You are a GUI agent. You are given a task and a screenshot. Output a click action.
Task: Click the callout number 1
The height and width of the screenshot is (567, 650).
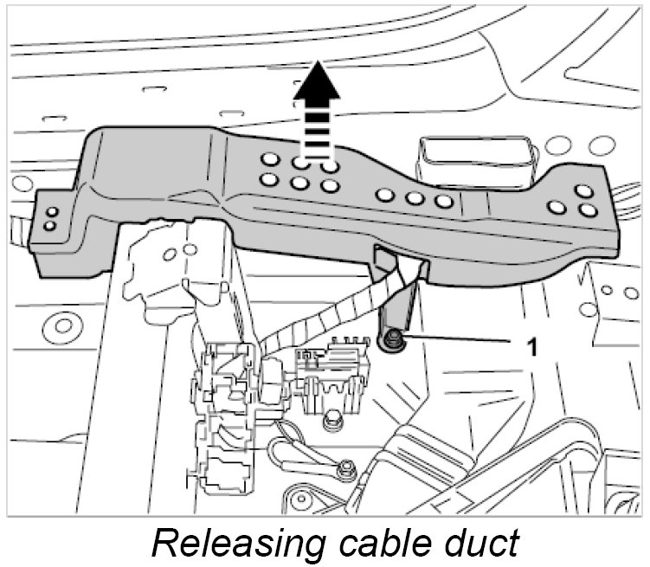click(532, 347)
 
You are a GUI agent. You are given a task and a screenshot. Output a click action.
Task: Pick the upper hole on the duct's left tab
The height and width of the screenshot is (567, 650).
click(52, 213)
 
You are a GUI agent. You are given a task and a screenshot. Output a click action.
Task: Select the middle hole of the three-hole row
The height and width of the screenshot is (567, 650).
click(415, 199)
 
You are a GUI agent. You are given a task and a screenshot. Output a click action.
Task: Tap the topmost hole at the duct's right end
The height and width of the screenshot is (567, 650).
click(582, 191)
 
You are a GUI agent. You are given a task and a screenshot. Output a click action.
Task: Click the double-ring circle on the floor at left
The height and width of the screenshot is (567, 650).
click(63, 326)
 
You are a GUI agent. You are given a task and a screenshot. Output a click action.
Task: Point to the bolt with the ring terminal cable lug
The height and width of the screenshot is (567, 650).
click(346, 467)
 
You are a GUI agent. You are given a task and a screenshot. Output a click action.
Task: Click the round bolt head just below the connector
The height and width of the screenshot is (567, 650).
click(330, 422)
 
